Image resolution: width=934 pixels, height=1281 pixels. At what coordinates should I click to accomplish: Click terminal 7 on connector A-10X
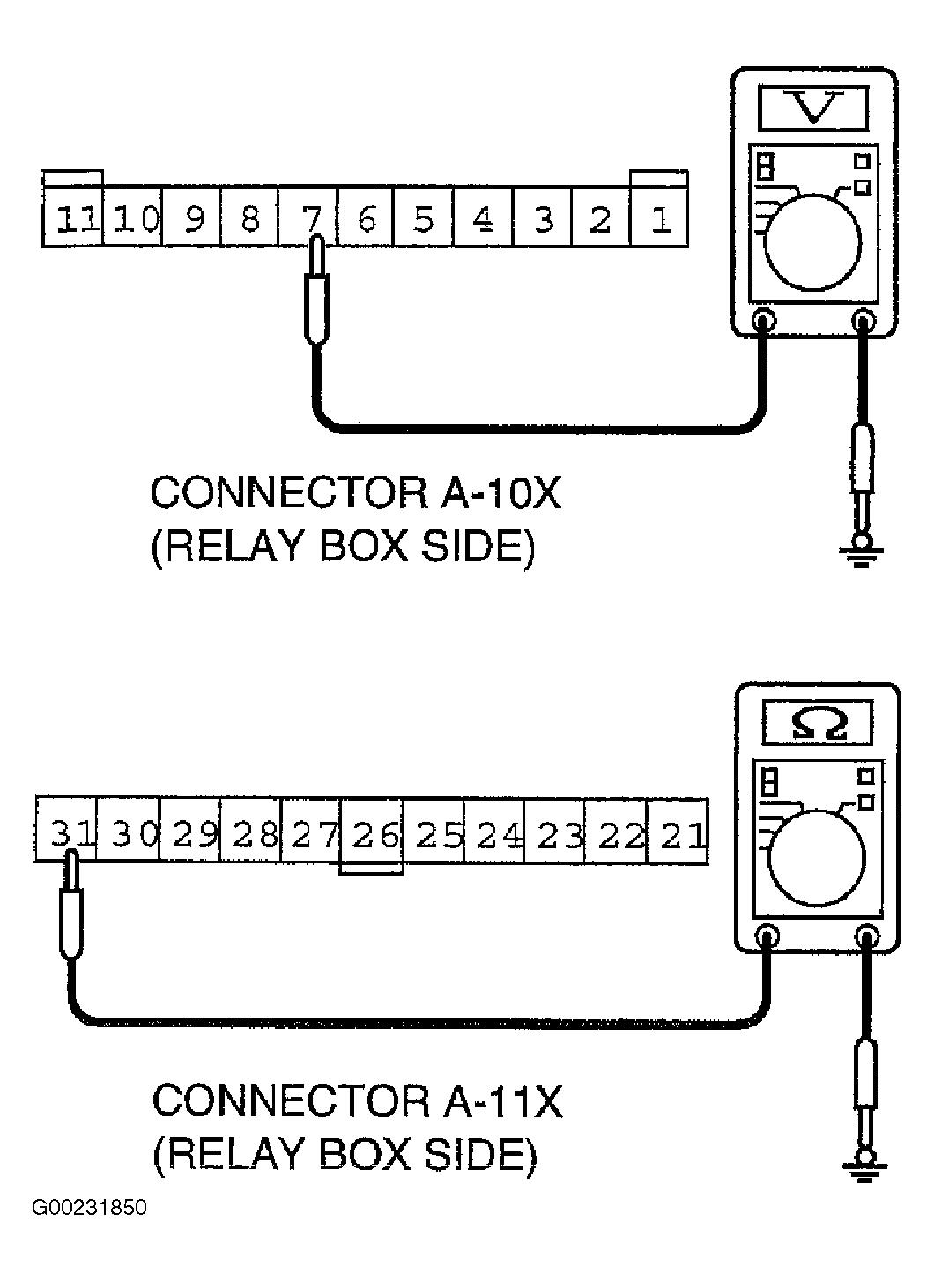[x=308, y=218]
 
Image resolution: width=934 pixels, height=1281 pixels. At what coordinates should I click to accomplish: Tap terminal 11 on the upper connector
[x=72, y=218]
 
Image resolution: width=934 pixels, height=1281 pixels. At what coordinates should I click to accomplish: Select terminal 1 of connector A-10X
[x=659, y=218]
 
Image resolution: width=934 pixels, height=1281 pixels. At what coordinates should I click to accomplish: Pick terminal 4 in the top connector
[x=483, y=218]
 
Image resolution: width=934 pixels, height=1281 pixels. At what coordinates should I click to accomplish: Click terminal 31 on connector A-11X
[x=66, y=833]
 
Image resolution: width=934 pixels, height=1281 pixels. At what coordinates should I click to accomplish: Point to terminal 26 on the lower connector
[x=371, y=833]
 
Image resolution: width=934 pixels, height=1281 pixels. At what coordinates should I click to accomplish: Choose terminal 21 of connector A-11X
[x=678, y=833]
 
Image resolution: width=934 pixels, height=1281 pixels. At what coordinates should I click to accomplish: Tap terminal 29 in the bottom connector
[x=189, y=833]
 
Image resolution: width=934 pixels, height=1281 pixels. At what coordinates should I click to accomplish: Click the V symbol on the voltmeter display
[x=813, y=107]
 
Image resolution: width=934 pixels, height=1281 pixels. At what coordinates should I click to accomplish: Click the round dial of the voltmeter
[x=812, y=243]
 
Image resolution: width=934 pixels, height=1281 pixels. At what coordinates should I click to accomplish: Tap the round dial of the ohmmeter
[x=818, y=858]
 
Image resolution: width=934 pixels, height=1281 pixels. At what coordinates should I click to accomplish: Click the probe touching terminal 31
[x=71, y=905]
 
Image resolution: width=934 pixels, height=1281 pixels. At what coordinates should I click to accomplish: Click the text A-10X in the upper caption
[x=500, y=493]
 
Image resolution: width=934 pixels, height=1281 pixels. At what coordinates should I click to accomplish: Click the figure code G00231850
[x=90, y=1208]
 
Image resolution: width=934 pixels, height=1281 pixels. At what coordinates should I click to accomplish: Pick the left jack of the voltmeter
[x=764, y=321]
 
